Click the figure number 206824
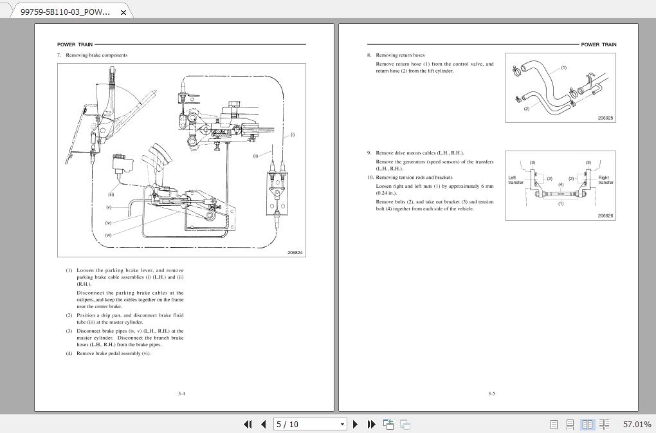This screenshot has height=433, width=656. pos(295,253)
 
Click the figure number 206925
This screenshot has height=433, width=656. pos(605,118)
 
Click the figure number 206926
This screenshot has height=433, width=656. pos(605,216)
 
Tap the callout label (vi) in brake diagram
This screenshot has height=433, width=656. pos(108,235)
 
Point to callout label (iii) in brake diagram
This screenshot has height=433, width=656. pos(111,194)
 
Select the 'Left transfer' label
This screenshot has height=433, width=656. pos(516,180)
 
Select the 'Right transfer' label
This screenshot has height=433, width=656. pos(605,180)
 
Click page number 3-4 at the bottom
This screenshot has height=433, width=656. pos(182,394)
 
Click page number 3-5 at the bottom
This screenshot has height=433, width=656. pos(491,394)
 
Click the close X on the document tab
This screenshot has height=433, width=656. pos(123,12)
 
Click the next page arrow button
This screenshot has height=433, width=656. pos(356,424)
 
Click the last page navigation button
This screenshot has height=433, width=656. pos(371,424)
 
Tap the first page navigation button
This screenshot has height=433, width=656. pos(248,424)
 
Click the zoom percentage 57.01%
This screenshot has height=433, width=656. pos(637,425)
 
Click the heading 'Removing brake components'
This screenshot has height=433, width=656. pos(96,55)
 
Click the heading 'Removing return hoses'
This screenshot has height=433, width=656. pos(400,55)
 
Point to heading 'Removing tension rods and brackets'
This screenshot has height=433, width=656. pos(414,178)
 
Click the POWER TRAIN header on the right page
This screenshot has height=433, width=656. pos(598,45)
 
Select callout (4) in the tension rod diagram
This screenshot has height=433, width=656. pos(560,185)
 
